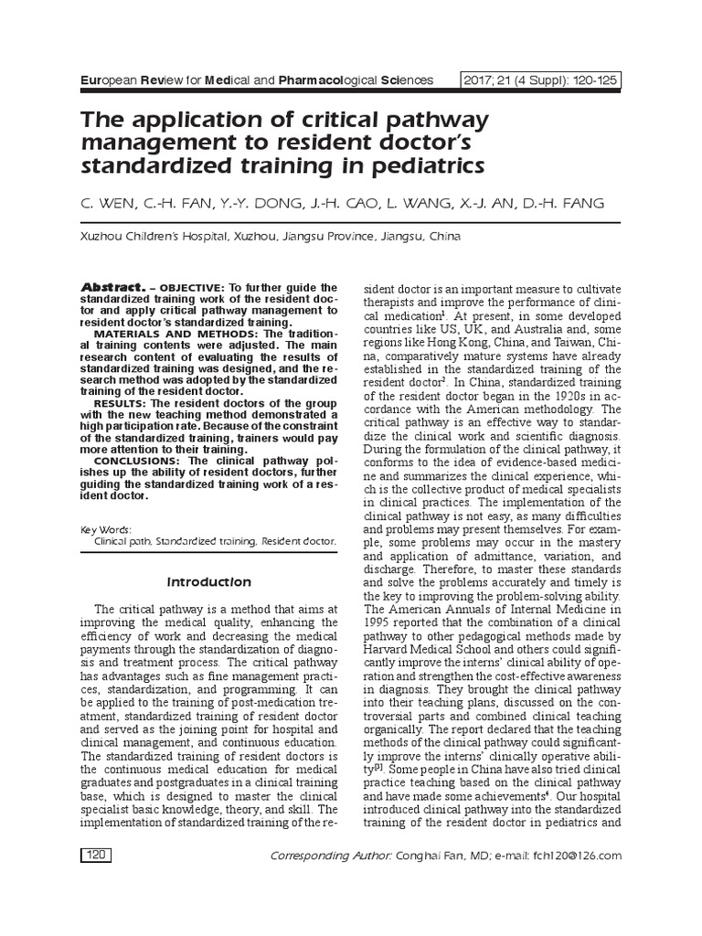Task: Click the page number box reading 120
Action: click(x=95, y=856)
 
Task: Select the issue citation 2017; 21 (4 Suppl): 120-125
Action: click(x=541, y=80)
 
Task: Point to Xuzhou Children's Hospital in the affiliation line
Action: click(x=145, y=236)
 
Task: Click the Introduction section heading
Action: click(x=209, y=581)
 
